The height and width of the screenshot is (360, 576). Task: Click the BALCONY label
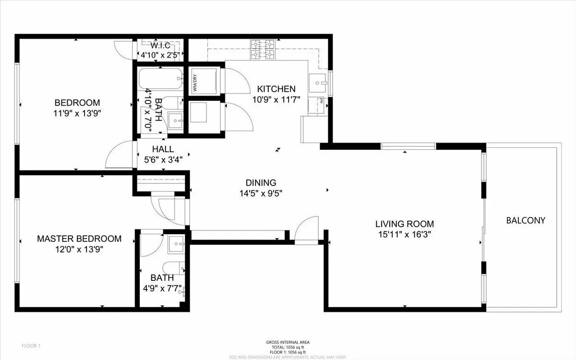click(526, 221)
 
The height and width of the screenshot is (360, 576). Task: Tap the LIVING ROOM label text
click(404, 224)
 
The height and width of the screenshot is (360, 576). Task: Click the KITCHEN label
click(276, 89)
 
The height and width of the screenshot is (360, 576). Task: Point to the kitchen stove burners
click(263, 49)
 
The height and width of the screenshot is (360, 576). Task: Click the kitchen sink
click(317, 83)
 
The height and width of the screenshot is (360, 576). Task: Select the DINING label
click(261, 183)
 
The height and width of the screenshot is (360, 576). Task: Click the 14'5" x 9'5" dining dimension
click(261, 194)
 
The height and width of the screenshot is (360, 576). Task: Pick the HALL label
click(163, 149)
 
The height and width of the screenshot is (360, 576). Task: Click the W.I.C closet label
click(160, 46)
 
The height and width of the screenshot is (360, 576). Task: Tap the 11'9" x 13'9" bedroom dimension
click(77, 113)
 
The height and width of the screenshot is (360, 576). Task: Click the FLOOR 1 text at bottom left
click(32, 346)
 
